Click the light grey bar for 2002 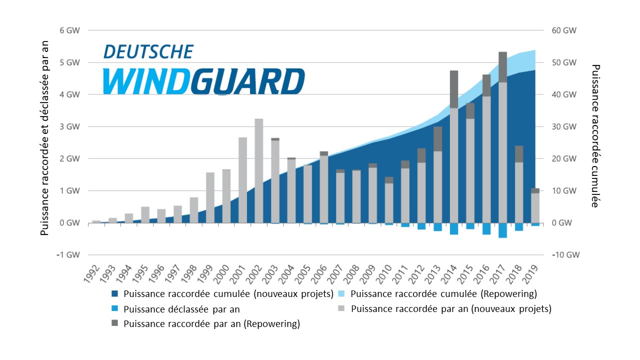point(259,170)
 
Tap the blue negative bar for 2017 point(502,230)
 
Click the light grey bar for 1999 point(210,197)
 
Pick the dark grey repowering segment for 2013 point(437,138)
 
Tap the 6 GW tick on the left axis point(70,30)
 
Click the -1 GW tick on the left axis point(69,254)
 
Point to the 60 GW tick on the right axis point(564,30)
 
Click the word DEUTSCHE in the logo point(148,51)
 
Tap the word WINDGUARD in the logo point(203,81)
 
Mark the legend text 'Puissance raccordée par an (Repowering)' point(211,324)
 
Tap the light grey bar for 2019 point(535,207)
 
